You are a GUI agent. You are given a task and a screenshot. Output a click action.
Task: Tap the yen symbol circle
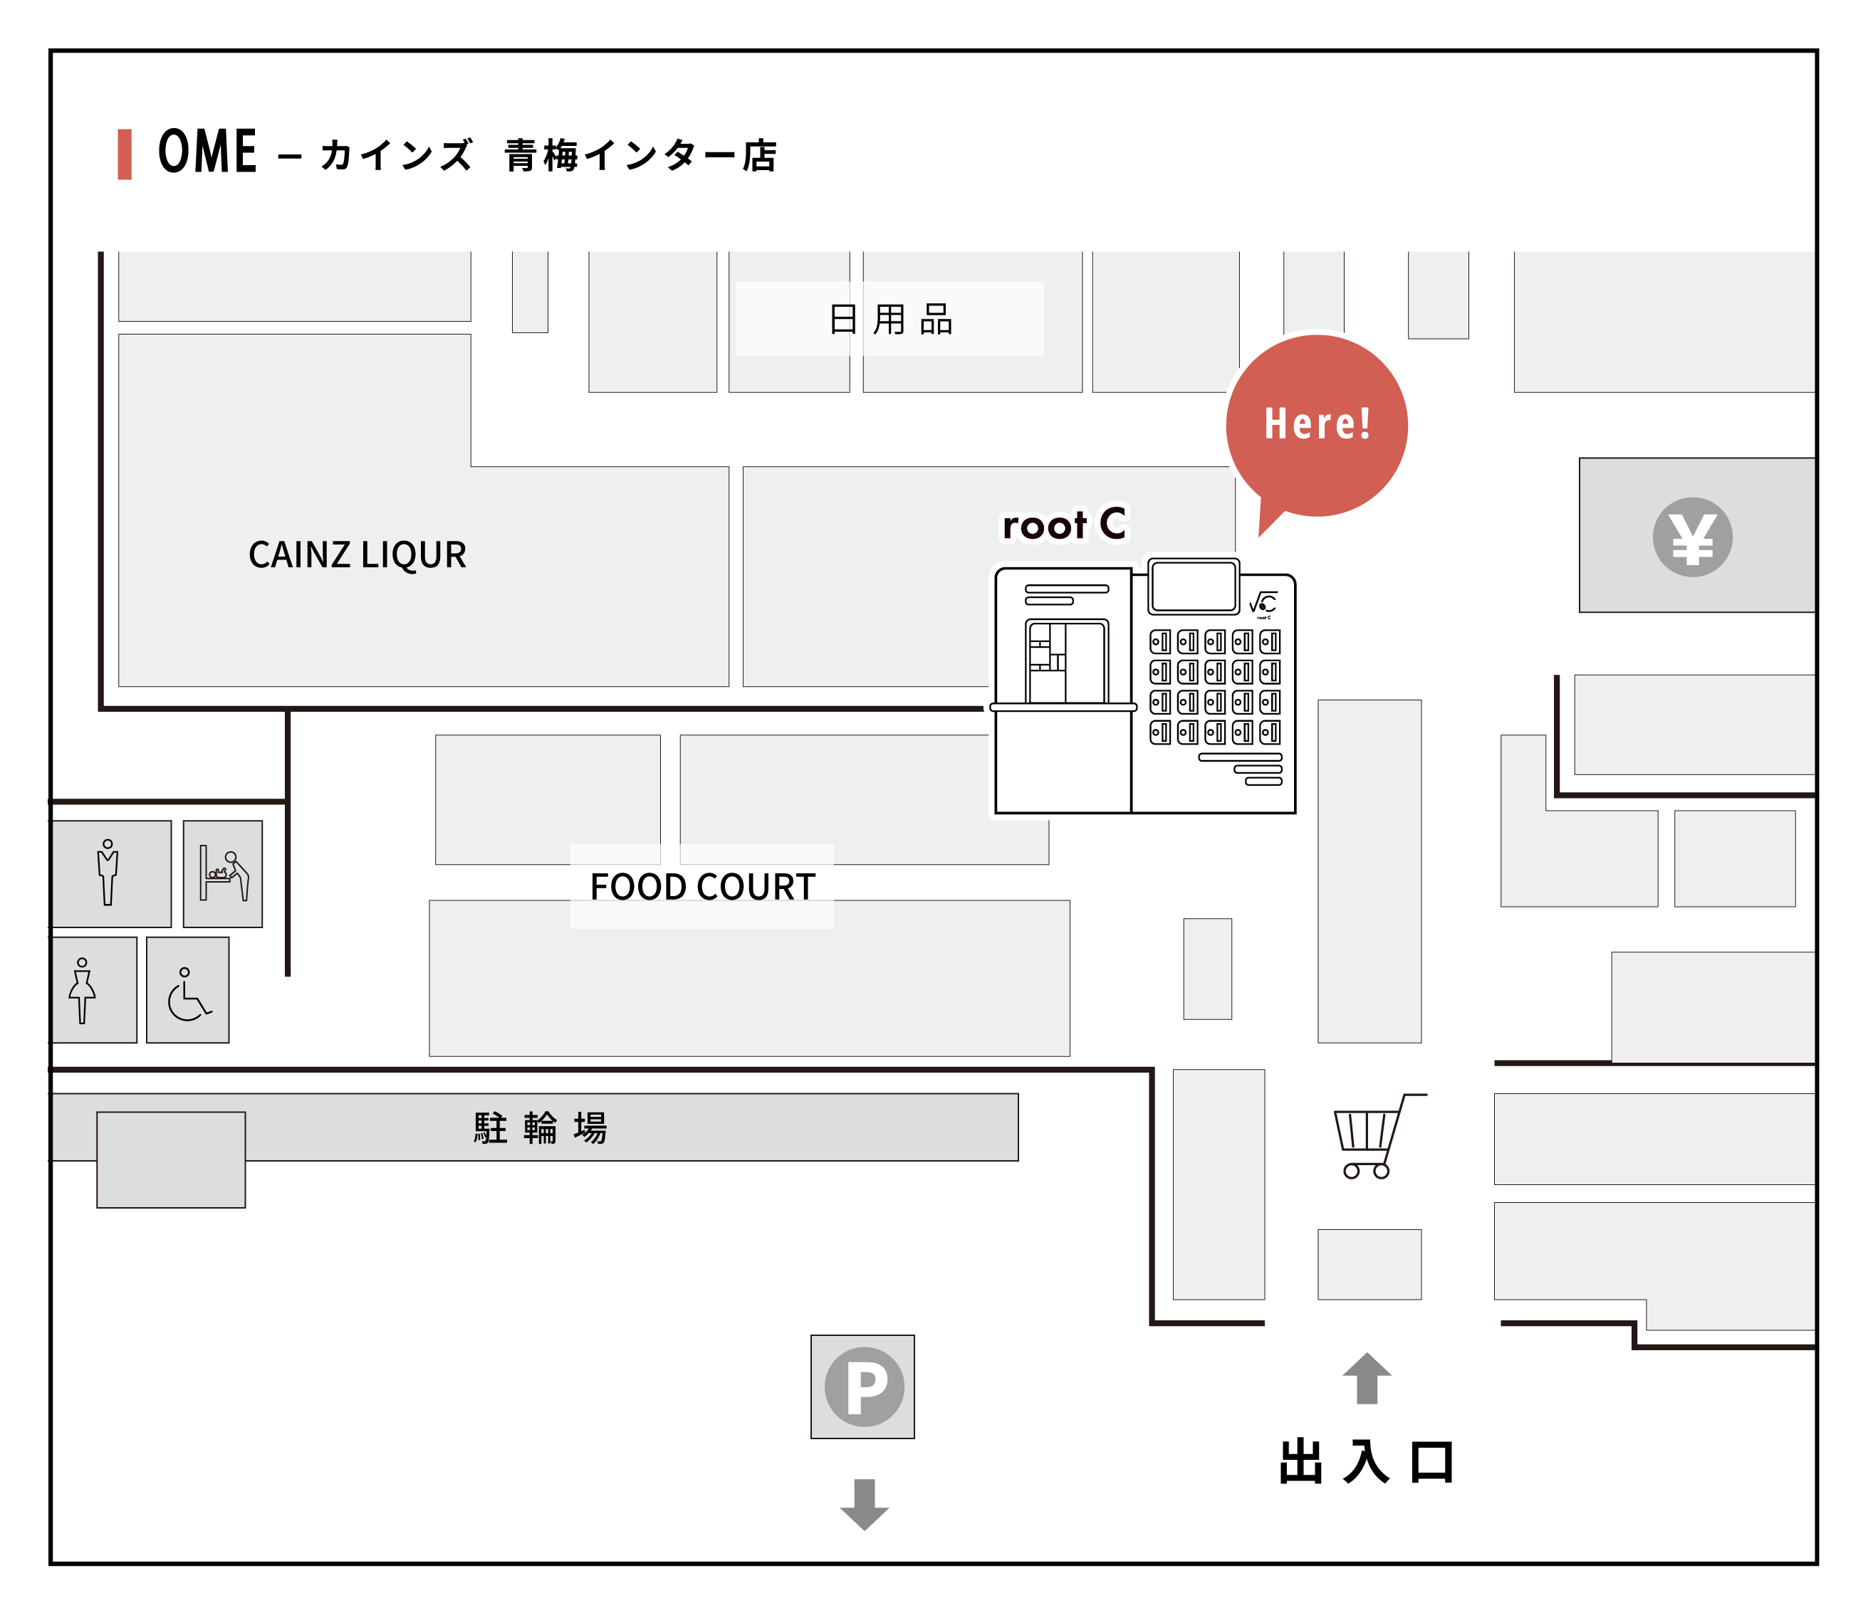[1692, 537]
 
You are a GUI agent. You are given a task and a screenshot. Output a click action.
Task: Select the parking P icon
[864, 1386]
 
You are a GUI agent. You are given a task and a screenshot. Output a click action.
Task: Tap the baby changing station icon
[224, 873]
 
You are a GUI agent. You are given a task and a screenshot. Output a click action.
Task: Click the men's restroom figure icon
[108, 873]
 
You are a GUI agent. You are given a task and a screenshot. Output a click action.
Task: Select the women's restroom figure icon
[83, 991]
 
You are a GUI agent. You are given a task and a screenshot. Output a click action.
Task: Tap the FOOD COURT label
[702, 887]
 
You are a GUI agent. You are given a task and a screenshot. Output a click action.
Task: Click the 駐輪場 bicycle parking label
[541, 1127]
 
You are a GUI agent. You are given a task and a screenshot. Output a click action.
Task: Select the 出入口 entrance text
[1366, 1462]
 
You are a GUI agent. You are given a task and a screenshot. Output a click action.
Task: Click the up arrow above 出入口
[1367, 1378]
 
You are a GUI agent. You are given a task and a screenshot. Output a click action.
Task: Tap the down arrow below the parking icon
[864, 1503]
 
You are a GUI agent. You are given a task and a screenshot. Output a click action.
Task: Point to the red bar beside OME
[125, 154]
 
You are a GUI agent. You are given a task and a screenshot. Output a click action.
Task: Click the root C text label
[1065, 525]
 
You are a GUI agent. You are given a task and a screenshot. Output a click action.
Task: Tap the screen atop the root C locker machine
[1194, 586]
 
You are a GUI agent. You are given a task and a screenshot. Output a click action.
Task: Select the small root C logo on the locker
[1263, 604]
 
